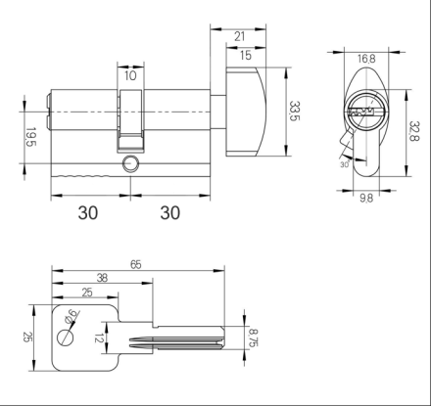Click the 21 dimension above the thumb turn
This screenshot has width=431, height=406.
coord(240,36)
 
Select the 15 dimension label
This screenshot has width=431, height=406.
coord(246,55)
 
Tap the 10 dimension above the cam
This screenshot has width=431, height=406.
coord(130,75)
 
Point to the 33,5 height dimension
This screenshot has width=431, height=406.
coord(294,112)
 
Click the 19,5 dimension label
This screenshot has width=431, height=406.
coord(30,137)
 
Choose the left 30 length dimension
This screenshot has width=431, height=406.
coord(88,212)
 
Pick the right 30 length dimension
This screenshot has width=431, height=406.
coord(170,212)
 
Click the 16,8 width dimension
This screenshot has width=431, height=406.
coord(366,59)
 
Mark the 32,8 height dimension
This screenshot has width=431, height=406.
coord(414,131)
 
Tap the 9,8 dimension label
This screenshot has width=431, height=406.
coord(366,198)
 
